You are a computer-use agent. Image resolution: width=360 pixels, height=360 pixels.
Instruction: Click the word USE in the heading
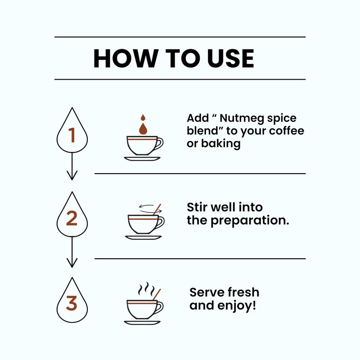pos(230,58)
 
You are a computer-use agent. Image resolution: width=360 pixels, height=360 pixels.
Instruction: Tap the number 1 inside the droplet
pos(72,135)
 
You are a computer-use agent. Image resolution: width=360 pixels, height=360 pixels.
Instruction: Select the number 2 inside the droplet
pos(72,218)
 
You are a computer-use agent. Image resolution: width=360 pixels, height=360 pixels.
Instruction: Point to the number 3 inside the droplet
pos(72,303)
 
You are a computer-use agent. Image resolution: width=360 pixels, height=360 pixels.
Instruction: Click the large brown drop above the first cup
pos(143,129)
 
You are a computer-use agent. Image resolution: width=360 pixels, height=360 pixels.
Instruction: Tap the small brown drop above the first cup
pos(143,117)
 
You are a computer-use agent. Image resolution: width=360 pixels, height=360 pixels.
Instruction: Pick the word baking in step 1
pos(221,144)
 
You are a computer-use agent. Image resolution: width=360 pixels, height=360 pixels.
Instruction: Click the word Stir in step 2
pos(197,207)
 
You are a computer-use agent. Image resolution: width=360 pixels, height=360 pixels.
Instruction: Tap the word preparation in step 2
pos(250,220)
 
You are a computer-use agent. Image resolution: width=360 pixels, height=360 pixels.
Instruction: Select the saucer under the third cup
pos(142,323)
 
